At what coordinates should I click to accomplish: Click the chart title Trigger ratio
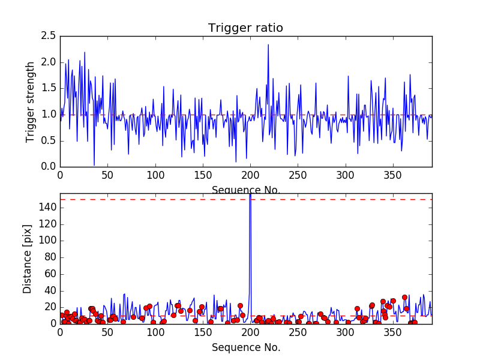245,28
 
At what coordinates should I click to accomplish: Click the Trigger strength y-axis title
31,101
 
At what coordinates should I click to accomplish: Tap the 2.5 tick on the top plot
49,37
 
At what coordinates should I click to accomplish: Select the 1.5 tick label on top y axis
49,88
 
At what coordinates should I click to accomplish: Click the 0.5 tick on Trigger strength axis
49,140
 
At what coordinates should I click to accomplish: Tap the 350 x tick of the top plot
393,175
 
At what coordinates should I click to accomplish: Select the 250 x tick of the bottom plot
298,332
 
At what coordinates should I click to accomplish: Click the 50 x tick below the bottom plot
107,332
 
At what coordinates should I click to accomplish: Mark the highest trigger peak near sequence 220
268,45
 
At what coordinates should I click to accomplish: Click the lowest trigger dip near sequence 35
94,165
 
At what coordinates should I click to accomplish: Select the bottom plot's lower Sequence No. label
245,347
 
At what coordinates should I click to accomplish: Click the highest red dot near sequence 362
404,297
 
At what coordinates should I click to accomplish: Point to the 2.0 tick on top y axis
49,62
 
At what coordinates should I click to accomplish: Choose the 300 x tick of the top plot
345,175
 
